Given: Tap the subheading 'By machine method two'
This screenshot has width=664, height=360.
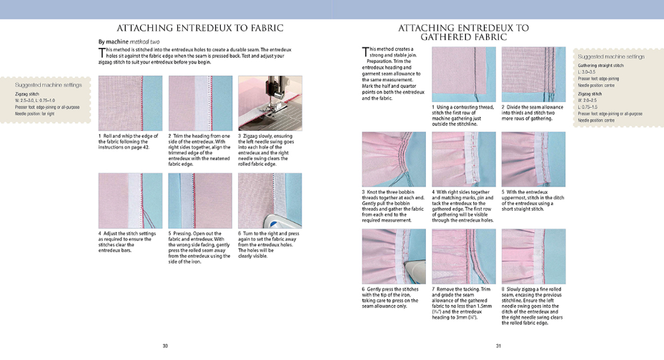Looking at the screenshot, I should coord(130,42).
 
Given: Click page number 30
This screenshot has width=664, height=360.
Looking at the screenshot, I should coord(165,346).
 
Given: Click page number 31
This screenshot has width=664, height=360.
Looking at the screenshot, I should coord(498,346).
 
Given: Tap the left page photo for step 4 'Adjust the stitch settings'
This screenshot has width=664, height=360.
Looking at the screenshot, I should coord(120,200).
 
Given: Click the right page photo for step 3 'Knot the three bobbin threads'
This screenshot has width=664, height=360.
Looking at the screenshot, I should coord(394,159).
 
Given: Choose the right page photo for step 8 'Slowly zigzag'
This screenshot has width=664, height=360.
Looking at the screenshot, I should coord(532,256).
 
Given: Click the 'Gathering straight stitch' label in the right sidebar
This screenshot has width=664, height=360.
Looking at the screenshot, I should coord(597,66).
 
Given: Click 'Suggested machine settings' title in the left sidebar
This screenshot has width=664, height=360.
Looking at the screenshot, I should coord(49,85).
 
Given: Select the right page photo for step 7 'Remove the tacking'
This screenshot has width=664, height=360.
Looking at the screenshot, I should coord(463,256).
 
